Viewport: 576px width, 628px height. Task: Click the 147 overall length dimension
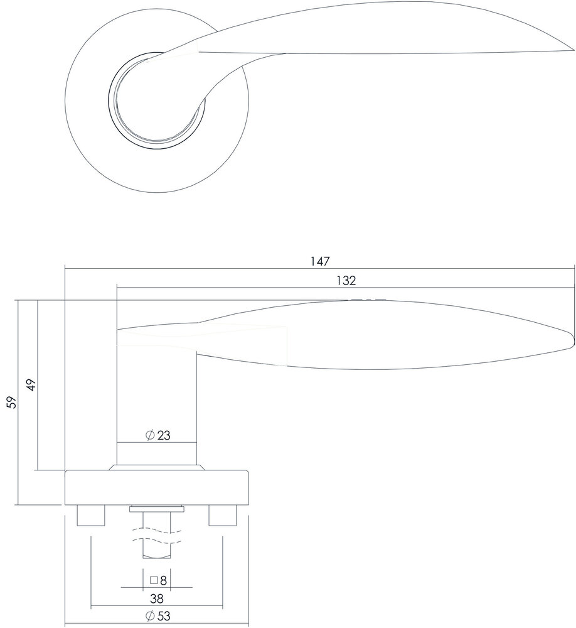(x=320, y=260)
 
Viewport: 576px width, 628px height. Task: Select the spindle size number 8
(x=163, y=580)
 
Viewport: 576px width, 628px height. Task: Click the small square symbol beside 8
(x=153, y=580)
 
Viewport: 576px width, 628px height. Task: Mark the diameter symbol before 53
(x=149, y=616)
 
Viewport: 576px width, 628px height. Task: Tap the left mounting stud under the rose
(x=90, y=516)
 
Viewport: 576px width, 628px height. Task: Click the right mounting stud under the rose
(x=223, y=516)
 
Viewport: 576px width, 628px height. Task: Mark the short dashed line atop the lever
(x=368, y=300)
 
